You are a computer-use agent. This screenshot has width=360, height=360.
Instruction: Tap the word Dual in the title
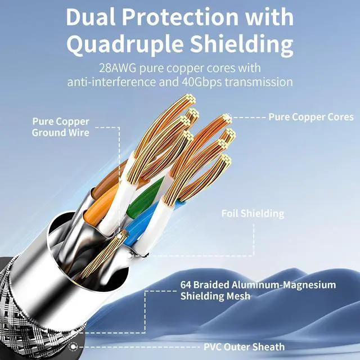[90, 17]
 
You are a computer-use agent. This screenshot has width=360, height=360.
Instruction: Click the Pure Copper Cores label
[311, 117]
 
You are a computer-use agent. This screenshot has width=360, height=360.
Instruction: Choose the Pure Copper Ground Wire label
[60, 127]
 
